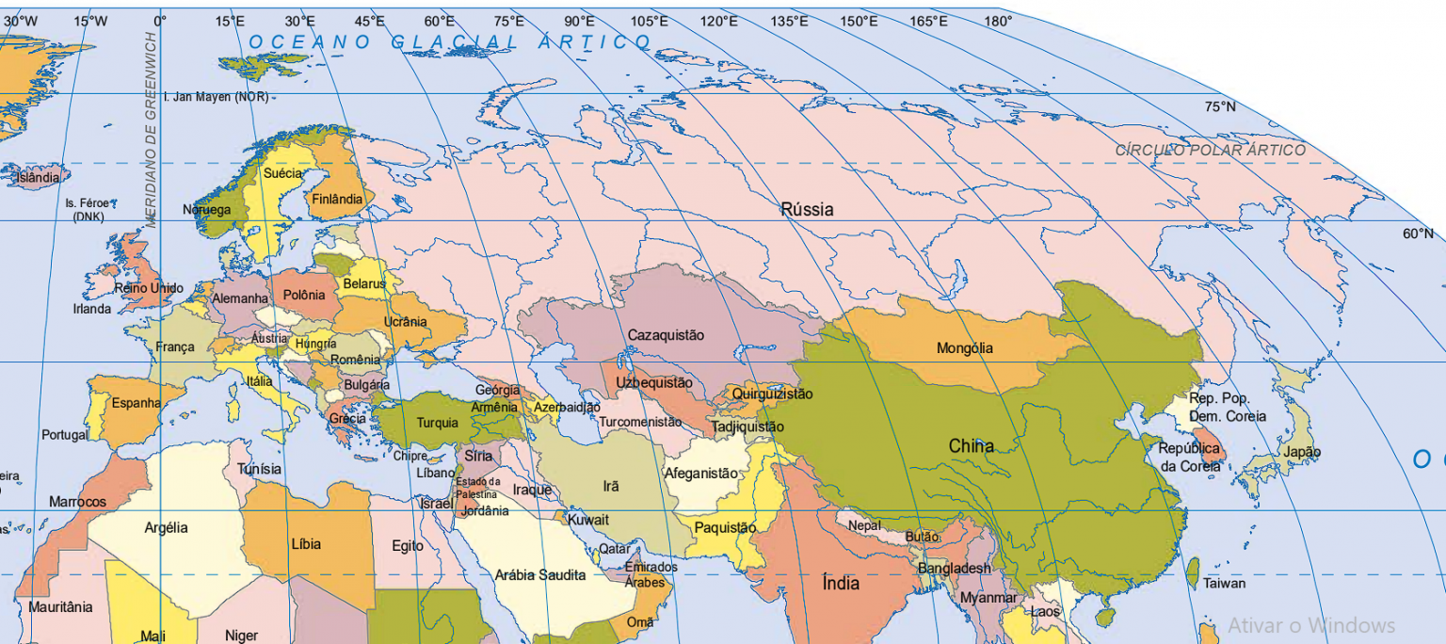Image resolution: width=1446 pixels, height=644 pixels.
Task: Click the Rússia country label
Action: (x=807, y=209)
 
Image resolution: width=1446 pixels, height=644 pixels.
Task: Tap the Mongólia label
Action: (x=964, y=348)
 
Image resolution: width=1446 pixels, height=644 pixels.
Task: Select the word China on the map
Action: (x=971, y=445)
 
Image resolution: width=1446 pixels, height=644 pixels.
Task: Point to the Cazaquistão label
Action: (x=666, y=335)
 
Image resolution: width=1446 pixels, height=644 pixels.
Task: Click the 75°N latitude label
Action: (x=1220, y=106)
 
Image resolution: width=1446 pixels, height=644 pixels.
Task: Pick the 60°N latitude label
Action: (x=1418, y=233)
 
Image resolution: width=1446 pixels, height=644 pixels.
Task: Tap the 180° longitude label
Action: (x=998, y=21)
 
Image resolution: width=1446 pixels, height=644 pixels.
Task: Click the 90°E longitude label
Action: (x=579, y=21)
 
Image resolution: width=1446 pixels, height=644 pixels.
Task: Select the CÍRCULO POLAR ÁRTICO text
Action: (x=1211, y=150)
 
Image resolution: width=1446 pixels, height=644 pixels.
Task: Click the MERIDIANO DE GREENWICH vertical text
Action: (x=151, y=129)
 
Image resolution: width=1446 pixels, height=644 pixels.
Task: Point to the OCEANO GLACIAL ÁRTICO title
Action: (x=450, y=41)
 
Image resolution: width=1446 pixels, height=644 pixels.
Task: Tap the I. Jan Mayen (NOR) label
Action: (x=216, y=97)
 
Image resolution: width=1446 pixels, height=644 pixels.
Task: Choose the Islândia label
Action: (x=38, y=177)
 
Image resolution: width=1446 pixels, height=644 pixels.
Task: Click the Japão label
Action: (x=1303, y=452)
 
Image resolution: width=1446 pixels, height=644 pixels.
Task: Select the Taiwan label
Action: (x=1224, y=583)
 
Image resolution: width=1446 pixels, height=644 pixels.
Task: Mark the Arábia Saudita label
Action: (x=540, y=574)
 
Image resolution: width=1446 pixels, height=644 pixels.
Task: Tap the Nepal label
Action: (x=864, y=525)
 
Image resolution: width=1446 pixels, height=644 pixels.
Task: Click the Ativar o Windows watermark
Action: (x=1310, y=625)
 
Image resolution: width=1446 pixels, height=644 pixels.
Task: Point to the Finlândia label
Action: (x=336, y=200)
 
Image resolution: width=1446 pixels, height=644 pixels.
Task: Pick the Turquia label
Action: (x=437, y=423)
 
